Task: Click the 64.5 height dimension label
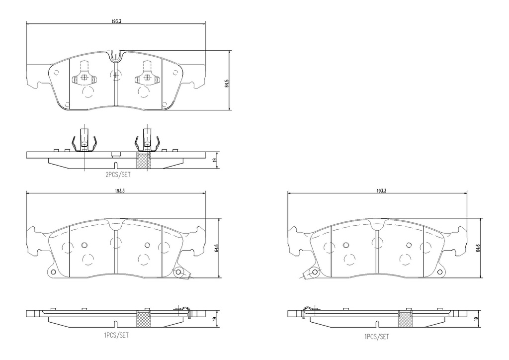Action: [x=227, y=83]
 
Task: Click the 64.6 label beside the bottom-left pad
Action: [x=217, y=248]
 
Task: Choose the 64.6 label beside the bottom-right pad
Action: [x=478, y=248]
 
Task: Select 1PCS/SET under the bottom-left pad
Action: [x=116, y=335]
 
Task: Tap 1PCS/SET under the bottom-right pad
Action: [x=377, y=337]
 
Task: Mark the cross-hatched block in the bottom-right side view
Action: [x=405, y=320]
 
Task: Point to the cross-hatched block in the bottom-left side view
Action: [x=143, y=320]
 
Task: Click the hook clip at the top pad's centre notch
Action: [x=115, y=55]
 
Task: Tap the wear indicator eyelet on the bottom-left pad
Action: [x=179, y=272]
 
